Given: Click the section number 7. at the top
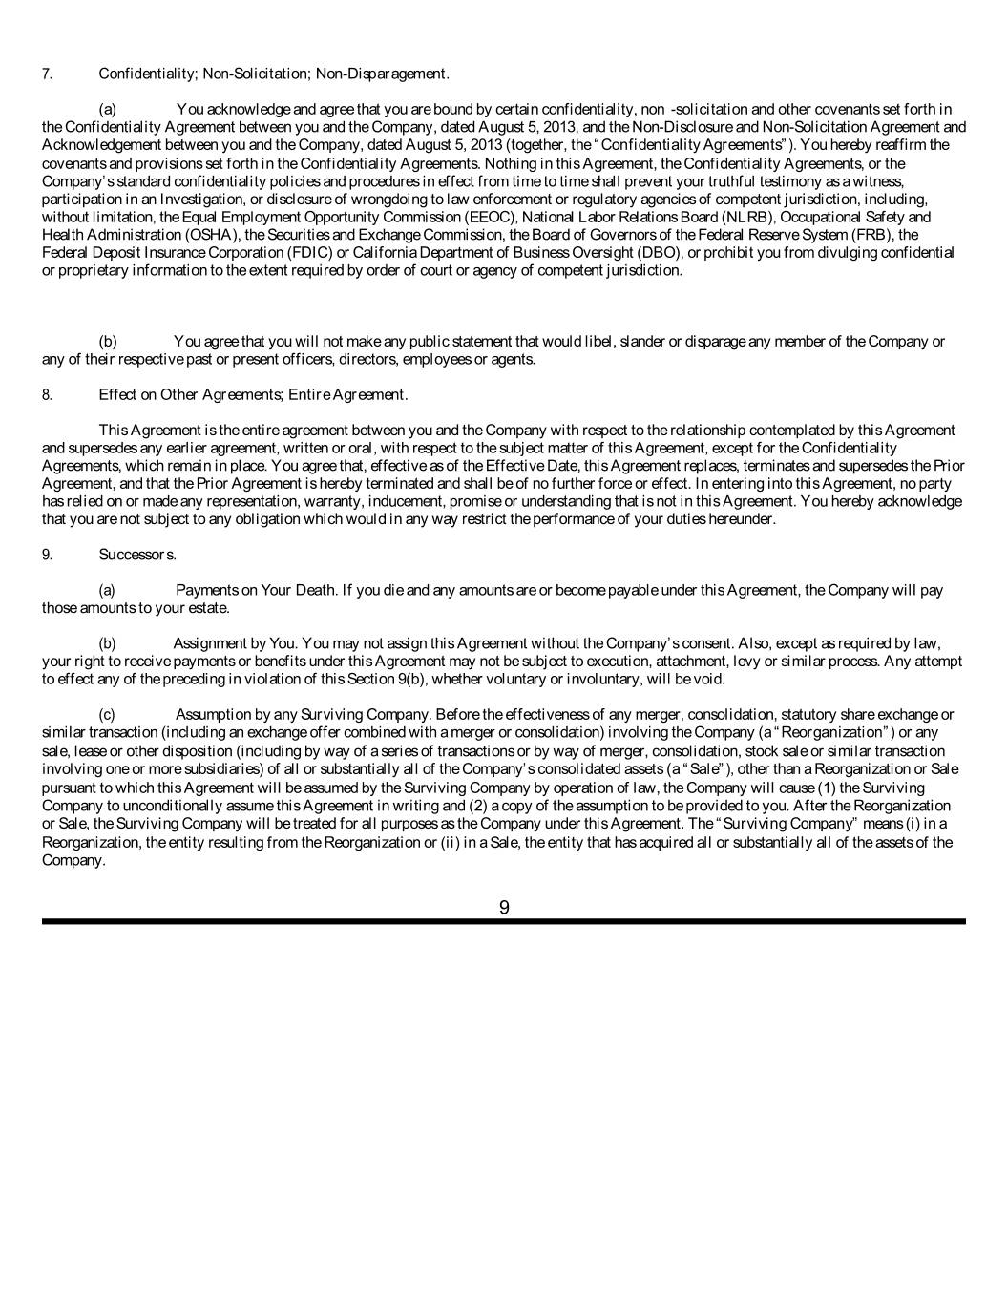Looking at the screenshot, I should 47,74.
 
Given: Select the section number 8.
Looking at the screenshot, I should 47,394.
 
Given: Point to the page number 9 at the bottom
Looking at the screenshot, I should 504,908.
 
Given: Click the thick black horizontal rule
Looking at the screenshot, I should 504,922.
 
